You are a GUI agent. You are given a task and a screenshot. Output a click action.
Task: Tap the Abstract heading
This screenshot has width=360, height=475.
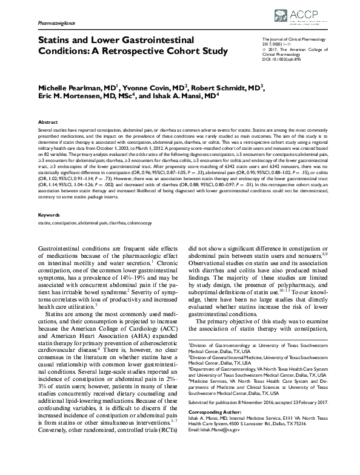point(48,122)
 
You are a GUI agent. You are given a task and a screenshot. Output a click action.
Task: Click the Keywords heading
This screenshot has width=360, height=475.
point(49,215)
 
